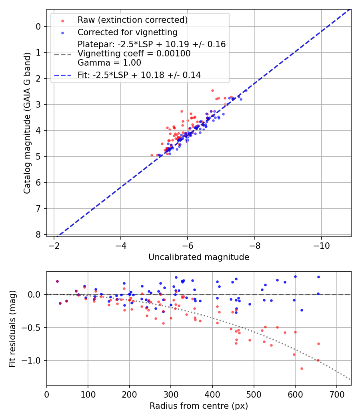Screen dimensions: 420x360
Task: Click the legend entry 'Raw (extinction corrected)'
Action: point(132,20)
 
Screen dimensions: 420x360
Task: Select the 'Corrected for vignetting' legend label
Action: point(127,32)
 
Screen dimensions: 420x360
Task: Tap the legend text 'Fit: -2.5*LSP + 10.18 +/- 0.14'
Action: point(139,75)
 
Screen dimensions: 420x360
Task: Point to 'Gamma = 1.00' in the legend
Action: point(109,63)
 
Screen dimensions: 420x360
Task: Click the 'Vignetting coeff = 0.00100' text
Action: point(134,54)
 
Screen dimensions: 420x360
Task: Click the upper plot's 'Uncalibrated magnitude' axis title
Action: point(199,257)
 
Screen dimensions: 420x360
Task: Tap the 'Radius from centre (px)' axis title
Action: point(199,406)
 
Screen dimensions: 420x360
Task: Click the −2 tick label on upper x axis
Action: point(54,246)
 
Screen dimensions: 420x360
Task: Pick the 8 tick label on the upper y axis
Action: point(38,235)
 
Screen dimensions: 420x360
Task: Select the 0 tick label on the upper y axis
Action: point(38,27)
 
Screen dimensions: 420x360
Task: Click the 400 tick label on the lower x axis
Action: point(212,394)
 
